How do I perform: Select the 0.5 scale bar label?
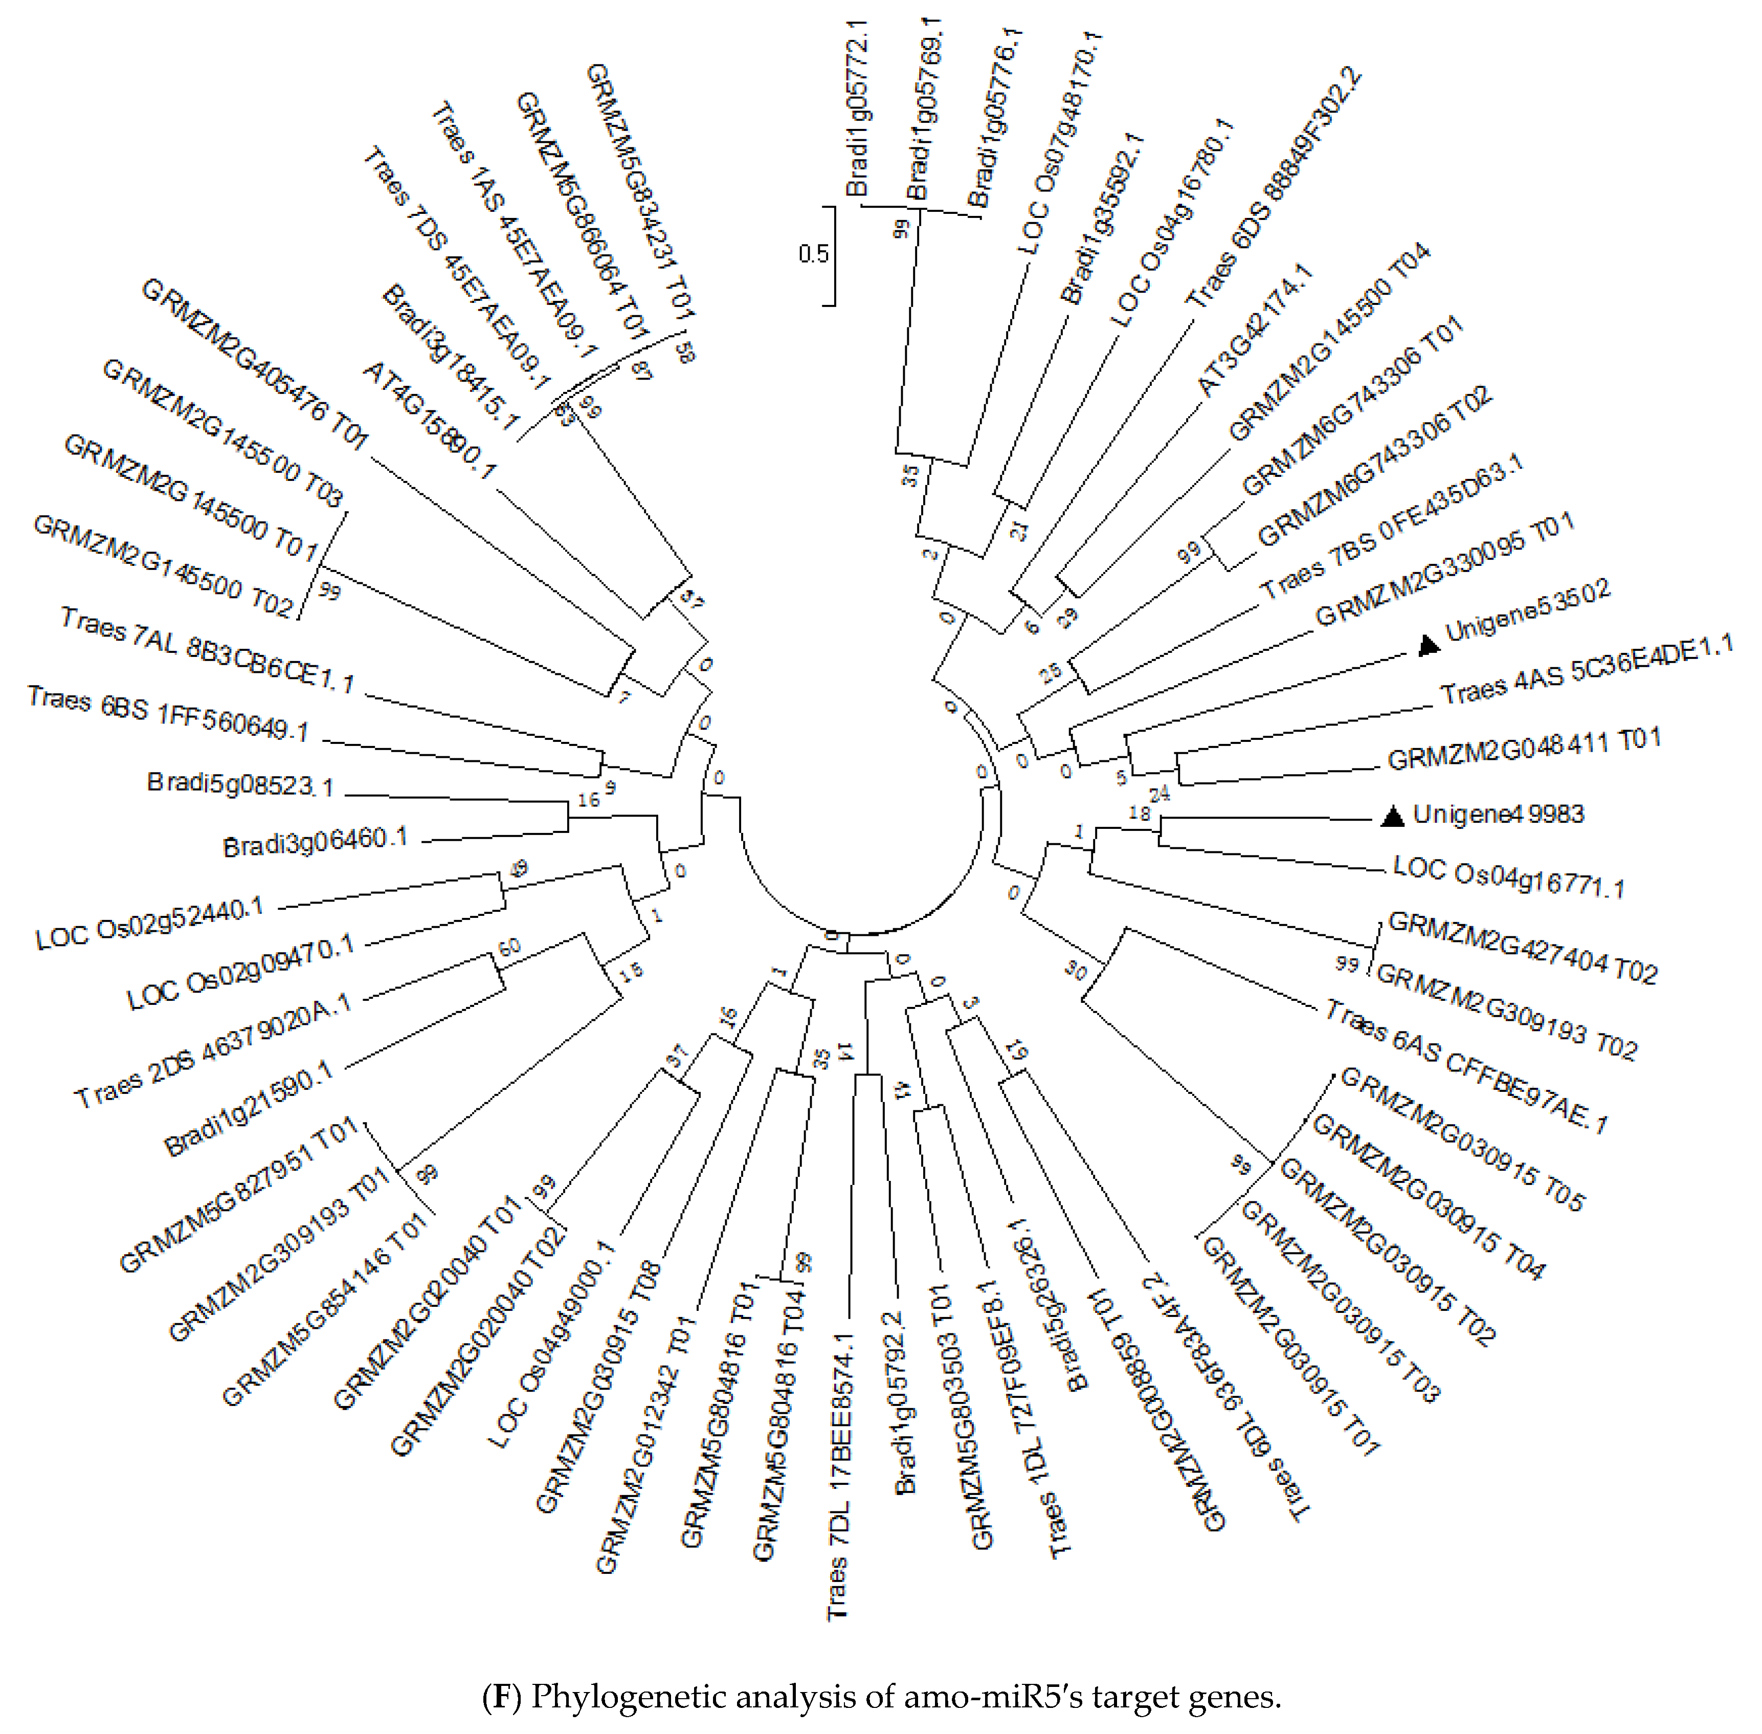[x=813, y=253]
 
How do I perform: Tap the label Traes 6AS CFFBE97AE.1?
[x=1466, y=1066]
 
